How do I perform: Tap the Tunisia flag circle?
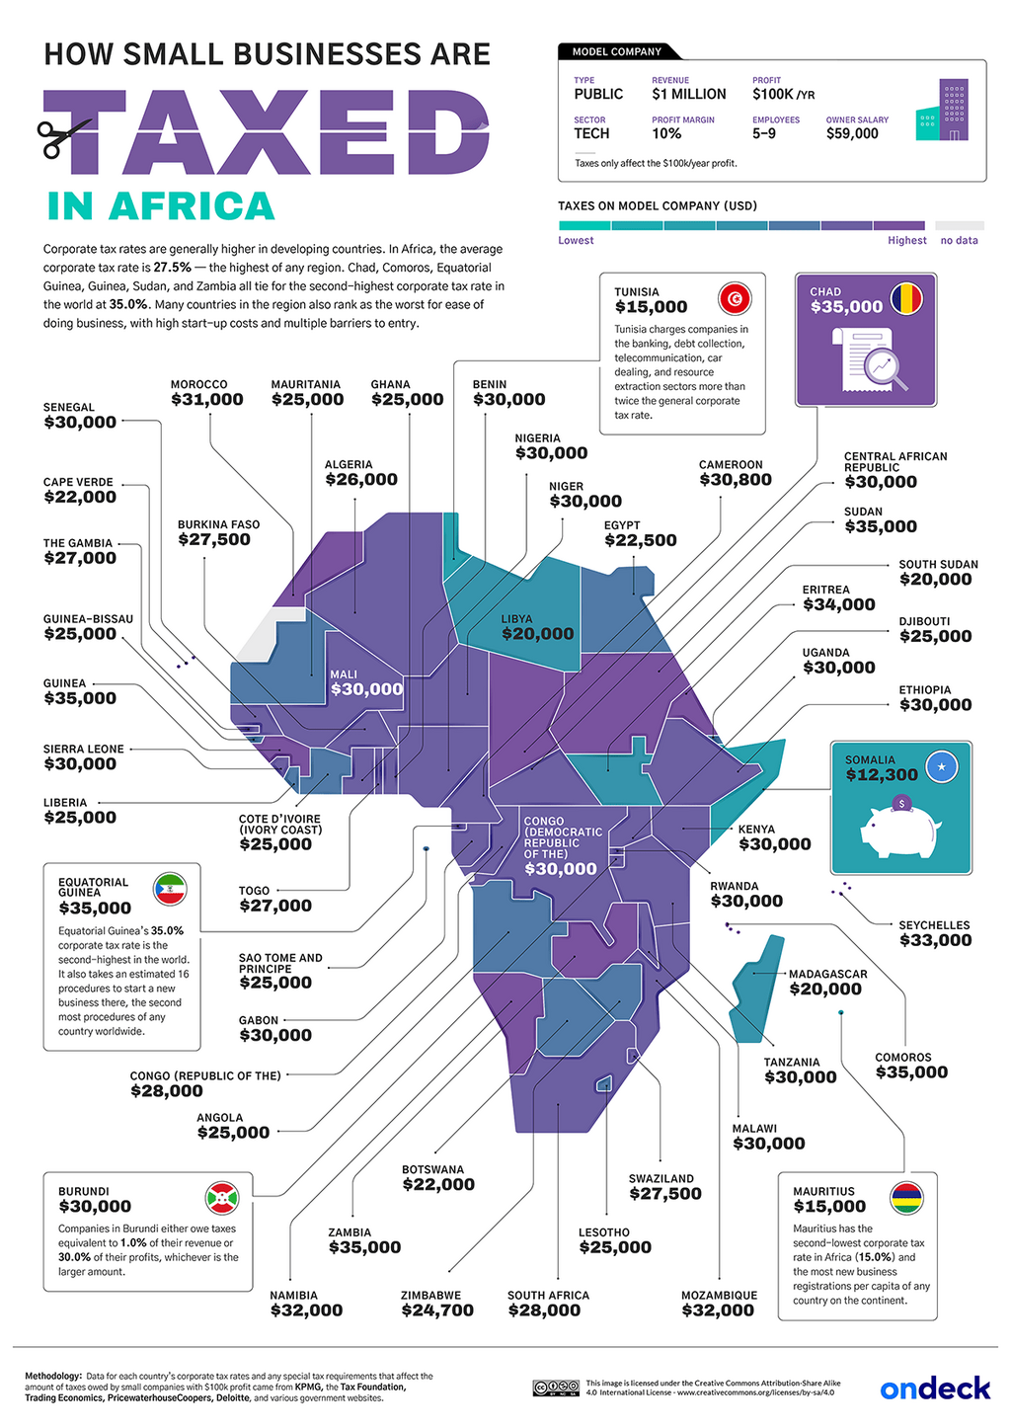pos(735,298)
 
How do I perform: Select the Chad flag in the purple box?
pos(906,298)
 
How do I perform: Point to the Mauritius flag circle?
pos(906,1198)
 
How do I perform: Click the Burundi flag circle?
pos(221,1198)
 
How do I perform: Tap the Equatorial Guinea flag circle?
pos(170,889)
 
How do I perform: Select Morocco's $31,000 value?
pos(206,400)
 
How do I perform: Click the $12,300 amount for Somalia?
pos(881,775)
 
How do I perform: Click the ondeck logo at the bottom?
pos(934,1388)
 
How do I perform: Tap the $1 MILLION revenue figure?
pos(688,95)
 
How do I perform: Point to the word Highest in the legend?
pos(906,240)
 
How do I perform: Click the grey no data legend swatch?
pos(959,226)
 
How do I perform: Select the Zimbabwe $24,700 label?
pos(436,1310)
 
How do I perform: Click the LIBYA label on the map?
pos(516,619)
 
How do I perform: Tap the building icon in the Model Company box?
pos(942,111)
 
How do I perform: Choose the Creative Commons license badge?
pos(555,1388)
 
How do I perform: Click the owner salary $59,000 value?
pos(852,133)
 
